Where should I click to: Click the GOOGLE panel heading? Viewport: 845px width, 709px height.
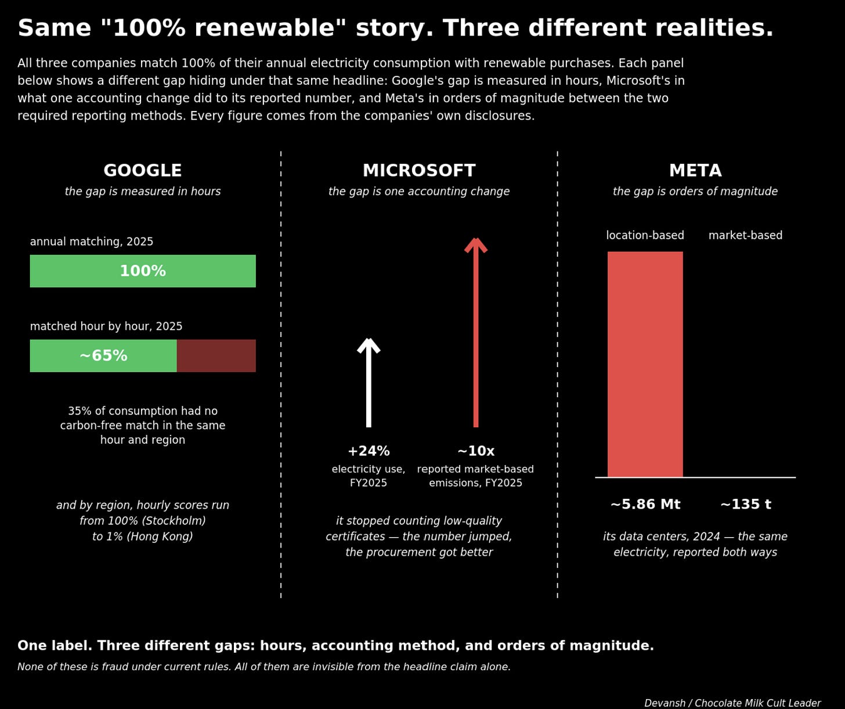click(142, 171)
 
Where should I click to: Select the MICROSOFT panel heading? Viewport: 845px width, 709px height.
click(419, 171)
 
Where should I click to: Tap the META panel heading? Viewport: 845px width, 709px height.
click(695, 171)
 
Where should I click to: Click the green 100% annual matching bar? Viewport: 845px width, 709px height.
click(143, 271)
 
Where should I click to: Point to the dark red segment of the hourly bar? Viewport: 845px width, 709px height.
click(216, 355)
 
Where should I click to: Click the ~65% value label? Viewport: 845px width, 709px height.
click(104, 355)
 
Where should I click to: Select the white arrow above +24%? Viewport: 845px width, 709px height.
click(369, 383)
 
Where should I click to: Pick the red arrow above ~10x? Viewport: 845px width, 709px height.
click(476, 332)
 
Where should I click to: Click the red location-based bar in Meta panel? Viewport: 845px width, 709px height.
click(645, 365)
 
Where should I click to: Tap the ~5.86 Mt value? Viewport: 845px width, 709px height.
click(645, 504)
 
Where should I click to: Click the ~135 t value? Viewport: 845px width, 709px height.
click(745, 504)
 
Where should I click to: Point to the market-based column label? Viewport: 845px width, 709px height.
click(745, 235)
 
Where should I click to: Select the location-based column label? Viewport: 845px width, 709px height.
click(645, 235)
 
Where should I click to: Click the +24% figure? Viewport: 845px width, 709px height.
click(369, 451)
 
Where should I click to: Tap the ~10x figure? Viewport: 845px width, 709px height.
click(476, 451)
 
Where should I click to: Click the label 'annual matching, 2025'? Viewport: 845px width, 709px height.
click(92, 242)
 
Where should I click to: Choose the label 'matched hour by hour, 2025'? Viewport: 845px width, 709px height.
click(106, 326)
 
